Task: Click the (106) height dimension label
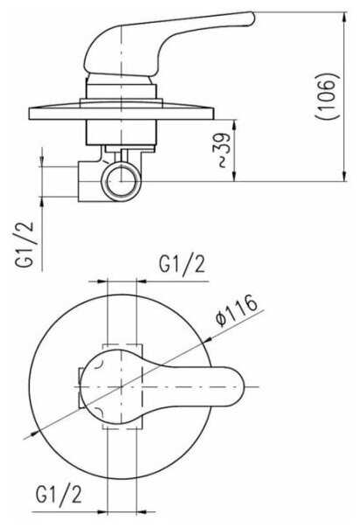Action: (x=328, y=95)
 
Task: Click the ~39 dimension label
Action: (x=223, y=151)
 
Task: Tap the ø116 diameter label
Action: (x=237, y=310)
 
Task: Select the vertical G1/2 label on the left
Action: (x=24, y=244)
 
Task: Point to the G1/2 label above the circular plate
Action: (x=182, y=265)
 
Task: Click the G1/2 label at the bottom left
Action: (x=59, y=495)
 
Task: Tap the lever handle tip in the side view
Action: (x=251, y=18)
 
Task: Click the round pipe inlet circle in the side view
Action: (x=121, y=182)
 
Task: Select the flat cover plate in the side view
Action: (x=121, y=114)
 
